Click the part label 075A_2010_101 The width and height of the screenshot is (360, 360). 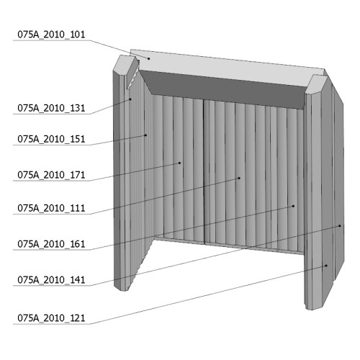click(51, 35)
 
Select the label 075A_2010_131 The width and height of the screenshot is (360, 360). click(51, 108)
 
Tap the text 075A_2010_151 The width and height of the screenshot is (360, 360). click(51, 139)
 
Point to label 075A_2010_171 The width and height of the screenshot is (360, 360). click(51, 175)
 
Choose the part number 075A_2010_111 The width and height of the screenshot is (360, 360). click(51, 208)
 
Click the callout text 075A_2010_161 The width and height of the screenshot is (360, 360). click(51, 244)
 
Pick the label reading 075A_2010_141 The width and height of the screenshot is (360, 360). click(51, 280)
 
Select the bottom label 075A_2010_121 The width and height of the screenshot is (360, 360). click(51, 318)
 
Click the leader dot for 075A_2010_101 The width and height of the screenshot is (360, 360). click(149, 58)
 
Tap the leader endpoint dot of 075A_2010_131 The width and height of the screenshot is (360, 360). click(130, 99)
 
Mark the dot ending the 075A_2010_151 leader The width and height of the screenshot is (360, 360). click(145, 135)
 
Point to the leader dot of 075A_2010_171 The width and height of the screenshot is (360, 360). click(179, 163)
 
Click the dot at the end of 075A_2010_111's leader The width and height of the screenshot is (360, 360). click(239, 178)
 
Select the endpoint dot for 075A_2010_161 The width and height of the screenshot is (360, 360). click(293, 206)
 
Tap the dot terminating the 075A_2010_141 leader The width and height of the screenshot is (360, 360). click(340, 226)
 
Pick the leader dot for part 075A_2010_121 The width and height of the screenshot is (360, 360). click(326, 266)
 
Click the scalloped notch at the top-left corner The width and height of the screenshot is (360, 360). click(132, 75)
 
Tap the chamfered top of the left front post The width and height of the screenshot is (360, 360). click(124, 63)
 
